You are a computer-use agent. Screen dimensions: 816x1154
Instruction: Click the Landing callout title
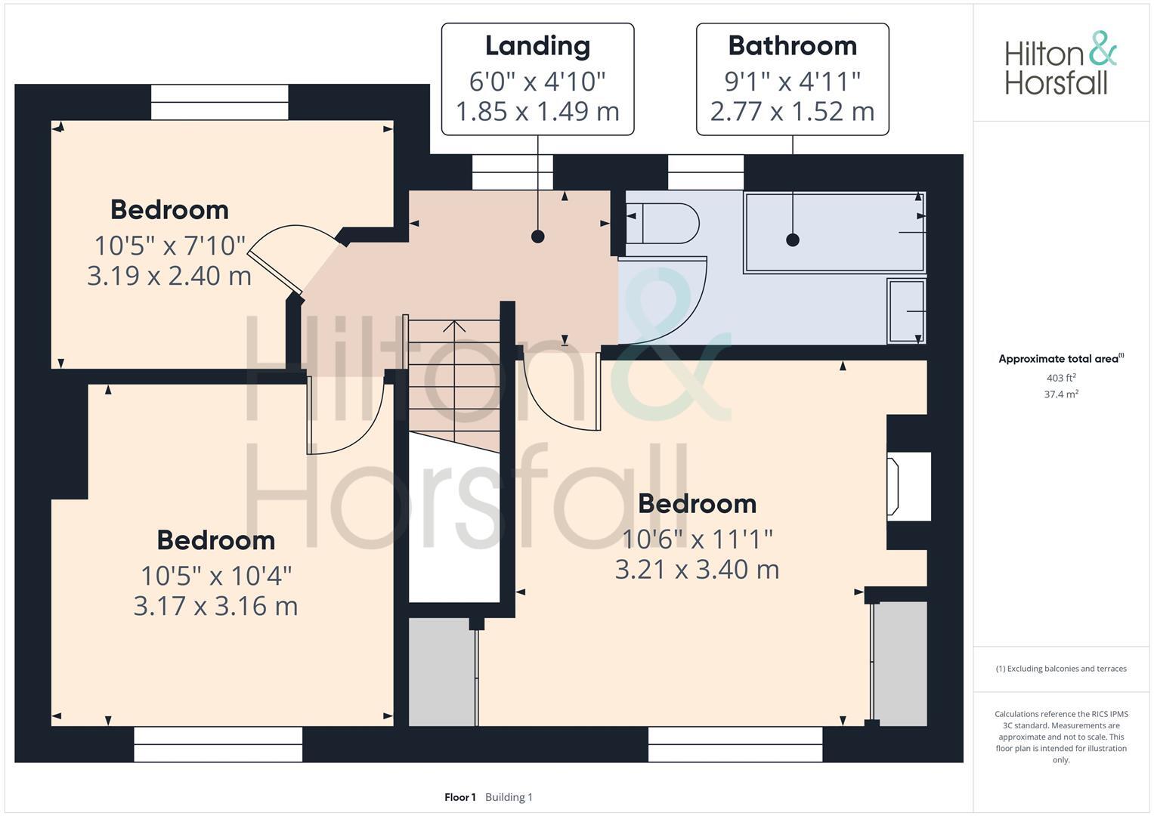point(537,46)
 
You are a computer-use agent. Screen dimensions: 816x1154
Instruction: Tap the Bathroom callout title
point(792,46)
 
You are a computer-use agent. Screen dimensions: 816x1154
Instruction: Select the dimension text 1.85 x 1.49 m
point(537,112)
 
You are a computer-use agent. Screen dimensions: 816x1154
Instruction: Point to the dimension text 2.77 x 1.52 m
point(792,112)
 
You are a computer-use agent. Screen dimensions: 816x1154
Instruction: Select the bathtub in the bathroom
point(834,232)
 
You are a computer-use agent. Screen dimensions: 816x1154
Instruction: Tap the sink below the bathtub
point(907,311)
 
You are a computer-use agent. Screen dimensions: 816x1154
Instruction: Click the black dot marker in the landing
point(537,236)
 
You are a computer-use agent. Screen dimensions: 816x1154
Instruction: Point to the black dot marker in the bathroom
point(792,240)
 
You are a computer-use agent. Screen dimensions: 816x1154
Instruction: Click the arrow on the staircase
point(454,327)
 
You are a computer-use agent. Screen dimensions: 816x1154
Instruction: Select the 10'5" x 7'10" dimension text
point(170,246)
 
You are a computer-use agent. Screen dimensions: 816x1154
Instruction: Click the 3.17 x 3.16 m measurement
point(215,606)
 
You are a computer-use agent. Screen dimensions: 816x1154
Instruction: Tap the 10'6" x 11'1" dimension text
point(697,539)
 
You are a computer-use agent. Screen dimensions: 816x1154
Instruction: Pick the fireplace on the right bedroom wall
point(909,487)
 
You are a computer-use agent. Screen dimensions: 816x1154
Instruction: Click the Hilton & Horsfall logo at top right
point(1060,63)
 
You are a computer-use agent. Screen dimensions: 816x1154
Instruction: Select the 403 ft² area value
point(1060,378)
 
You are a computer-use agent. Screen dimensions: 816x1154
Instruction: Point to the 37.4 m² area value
point(1060,394)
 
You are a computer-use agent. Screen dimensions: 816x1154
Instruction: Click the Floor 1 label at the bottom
point(459,797)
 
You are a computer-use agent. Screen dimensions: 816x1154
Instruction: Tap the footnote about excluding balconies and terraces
point(1060,669)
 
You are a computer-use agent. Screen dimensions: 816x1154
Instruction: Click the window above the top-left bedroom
point(219,102)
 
